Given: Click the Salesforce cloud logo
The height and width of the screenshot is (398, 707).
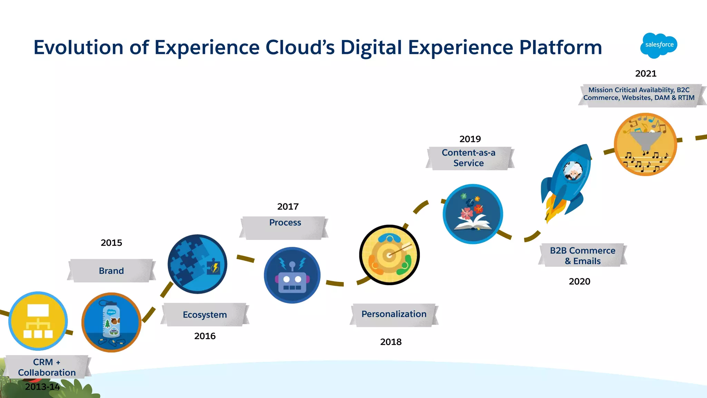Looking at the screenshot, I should pos(659,45).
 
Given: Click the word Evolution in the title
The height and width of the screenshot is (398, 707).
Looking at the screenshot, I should pos(78,47).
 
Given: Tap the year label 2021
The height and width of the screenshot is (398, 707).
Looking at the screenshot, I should pos(646,74).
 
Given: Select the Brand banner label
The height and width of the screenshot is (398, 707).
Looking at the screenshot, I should pos(111,271).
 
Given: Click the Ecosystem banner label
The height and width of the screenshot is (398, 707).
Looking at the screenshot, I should pos(205,314).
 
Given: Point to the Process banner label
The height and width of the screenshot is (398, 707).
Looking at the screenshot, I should pos(285,223).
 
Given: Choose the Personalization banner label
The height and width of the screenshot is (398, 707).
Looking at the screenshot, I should pos(394,314).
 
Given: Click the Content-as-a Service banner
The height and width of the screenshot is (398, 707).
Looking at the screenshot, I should pos(468,158).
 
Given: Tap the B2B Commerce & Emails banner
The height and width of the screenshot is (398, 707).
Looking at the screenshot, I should pos(582,255).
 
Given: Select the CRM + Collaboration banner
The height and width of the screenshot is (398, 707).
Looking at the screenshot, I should pos(47,367).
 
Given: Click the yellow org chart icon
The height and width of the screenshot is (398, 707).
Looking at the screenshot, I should pos(38,321).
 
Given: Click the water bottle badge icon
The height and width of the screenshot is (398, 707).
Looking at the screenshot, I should pos(111,322).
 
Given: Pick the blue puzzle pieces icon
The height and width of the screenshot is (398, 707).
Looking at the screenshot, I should pos(197,264).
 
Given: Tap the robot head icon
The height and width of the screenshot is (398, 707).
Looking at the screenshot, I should pos(292,275).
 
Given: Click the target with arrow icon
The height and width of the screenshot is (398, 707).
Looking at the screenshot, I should pos(389,255).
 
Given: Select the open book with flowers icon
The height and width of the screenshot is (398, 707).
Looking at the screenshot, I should pos(473,214).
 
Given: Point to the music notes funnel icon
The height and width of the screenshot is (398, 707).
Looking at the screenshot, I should pos(645,144).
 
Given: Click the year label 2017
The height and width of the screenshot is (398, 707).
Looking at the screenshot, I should pos(288,206).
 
